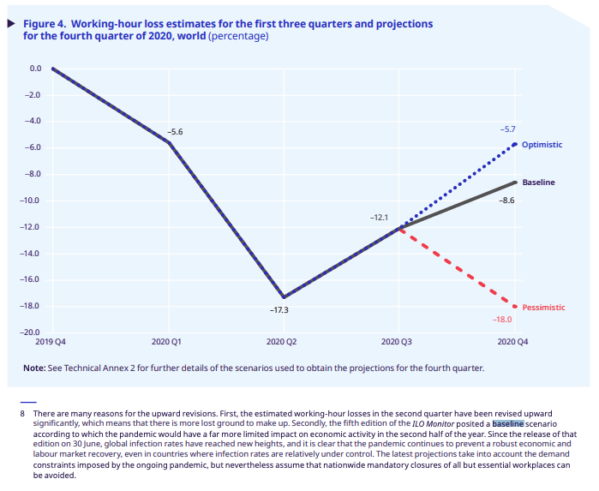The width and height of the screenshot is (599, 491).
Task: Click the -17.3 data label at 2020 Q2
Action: point(279,309)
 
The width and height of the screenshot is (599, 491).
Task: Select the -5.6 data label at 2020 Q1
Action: point(175,132)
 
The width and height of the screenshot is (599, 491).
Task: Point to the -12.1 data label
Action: point(379,218)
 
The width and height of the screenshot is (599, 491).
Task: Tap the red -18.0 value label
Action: point(502,320)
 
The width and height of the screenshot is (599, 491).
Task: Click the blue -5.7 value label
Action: point(508,128)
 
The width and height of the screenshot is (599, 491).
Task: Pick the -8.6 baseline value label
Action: point(507,200)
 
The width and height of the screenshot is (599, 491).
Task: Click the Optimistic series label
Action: point(542,145)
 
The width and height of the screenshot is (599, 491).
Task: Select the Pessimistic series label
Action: point(544,307)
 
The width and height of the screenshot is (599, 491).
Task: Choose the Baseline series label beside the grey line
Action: point(539,183)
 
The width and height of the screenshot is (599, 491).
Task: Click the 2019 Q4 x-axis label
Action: point(53,342)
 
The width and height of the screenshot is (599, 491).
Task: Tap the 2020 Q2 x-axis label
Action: point(282,342)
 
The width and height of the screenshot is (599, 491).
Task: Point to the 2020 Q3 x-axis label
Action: point(397,342)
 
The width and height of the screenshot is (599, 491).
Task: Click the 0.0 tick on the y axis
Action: point(35,69)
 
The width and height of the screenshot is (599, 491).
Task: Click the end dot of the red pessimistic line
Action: point(515,306)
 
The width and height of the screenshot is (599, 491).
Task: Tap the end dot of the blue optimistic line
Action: point(515,144)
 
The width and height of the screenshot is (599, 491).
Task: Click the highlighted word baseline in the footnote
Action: point(507,423)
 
